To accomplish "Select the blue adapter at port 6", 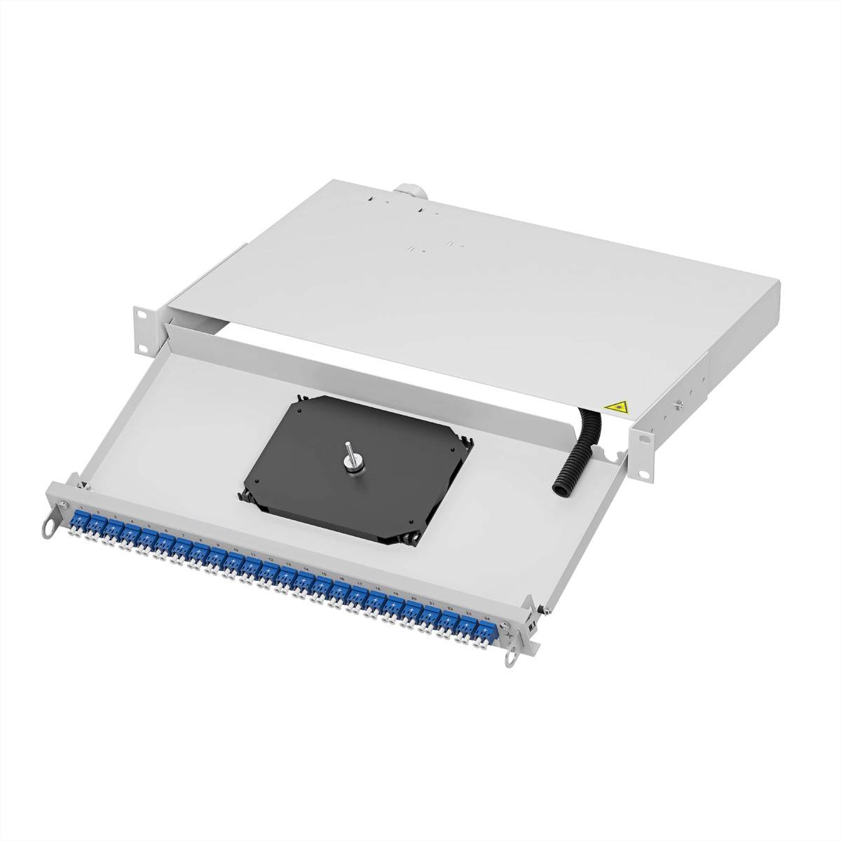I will pyautogui.click(x=165, y=542).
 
